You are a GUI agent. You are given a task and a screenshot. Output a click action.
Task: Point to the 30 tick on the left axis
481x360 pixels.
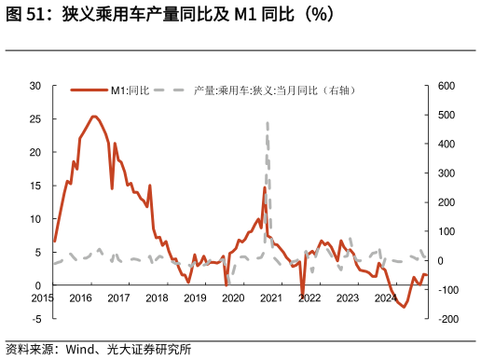click(x=35, y=86)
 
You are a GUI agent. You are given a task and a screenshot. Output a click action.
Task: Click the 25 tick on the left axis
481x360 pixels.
click(x=35, y=119)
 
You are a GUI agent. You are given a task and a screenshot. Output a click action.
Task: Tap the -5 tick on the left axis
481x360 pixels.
click(x=35, y=319)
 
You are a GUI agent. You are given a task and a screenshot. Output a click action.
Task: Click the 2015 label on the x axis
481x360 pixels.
click(x=42, y=298)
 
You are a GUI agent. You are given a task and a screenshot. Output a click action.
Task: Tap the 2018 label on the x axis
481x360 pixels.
click(x=157, y=298)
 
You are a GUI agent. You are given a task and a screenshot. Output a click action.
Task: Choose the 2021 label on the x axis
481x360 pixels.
click(x=271, y=298)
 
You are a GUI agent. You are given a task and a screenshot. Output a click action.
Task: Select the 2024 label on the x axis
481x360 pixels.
click(x=385, y=298)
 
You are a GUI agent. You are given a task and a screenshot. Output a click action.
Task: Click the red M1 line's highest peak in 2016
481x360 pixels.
click(x=94, y=117)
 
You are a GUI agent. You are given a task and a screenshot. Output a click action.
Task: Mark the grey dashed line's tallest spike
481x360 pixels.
click(x=268, y=122)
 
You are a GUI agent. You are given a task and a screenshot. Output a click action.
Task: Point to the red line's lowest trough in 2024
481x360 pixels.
click(x=405, y=307)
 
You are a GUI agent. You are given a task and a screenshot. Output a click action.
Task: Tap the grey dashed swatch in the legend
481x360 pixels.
click(x=168, y=90)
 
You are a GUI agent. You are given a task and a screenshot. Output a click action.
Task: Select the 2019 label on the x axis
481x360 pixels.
click(x=195, y=298)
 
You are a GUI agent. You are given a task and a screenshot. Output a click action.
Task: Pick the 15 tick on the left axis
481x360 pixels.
click(x=35, y=186)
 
